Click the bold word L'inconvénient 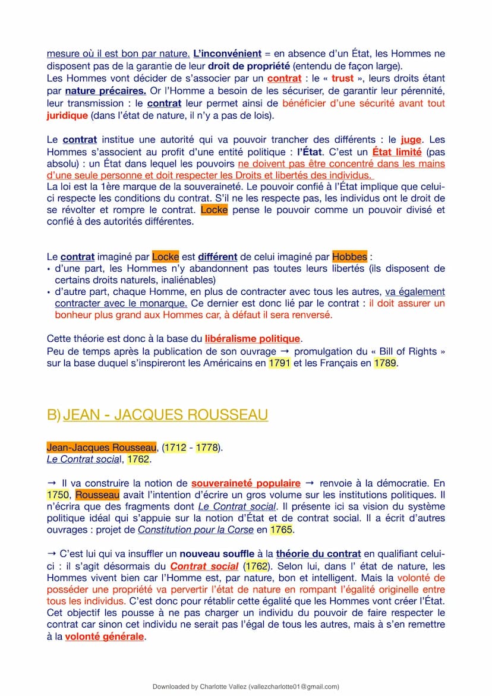[x=228, y=53]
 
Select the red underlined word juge [x=411, y=140]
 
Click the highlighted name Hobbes [x=349, y=257]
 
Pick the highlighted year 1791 [x=279, y=363]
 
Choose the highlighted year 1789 [x=385, y=363]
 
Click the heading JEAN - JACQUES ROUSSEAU [x=165, y=414]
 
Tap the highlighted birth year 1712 [x=175, y=447]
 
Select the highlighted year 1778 [x=207, y=447]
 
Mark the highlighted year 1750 [x=58, y=495]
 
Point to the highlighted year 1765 [x=282, y=530]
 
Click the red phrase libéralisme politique [x=253, y=339]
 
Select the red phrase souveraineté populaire [x=246, y=483]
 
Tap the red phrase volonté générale [x=105, y=637]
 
